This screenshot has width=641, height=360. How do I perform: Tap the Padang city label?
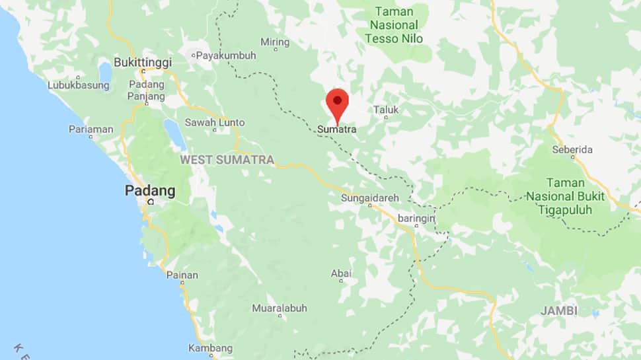pos(151,192)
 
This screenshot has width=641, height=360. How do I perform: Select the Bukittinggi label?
pos(143,62)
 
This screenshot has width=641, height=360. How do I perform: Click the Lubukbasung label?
pos(77,85)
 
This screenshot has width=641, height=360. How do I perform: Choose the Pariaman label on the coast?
pos(91,129)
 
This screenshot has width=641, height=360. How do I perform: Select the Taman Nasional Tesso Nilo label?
pos(395,25)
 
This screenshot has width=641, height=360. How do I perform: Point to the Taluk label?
pos(386,110)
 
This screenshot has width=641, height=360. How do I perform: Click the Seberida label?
pos(572,150)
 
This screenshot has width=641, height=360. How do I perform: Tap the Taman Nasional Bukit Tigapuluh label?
pos(565,196)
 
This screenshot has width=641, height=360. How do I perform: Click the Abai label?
pos(341,273)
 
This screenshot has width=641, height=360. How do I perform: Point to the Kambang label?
pos(210,348)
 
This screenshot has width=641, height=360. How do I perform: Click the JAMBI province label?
pos(558,310)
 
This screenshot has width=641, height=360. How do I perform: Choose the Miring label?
pos(275,42)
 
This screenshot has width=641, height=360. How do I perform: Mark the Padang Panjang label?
pos(147,90)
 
